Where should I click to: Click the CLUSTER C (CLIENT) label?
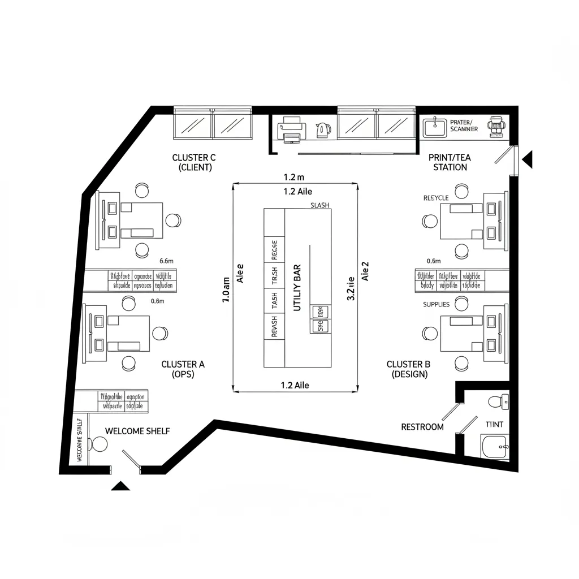[194, 162]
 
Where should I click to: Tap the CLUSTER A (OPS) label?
[183, 369]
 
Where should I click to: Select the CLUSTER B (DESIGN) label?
[408, 369]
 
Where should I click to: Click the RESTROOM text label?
[422, 427]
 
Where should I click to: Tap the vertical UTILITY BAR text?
[297, 288]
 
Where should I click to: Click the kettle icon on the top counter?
[323, 130]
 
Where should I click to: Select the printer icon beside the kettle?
[291, 129]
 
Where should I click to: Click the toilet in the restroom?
[498, 401]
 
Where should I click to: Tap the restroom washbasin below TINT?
[495, 447]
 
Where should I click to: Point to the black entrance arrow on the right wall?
[527, 159]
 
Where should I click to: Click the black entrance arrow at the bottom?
[120, 485]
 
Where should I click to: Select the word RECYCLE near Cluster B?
[436, 198]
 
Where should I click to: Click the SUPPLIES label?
[437, 305]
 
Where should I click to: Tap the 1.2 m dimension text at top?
[293, 178]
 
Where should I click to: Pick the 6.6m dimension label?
[166, 261]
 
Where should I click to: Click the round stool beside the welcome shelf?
[100, 444]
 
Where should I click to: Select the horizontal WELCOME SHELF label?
[137, 431]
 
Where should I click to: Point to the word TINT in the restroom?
[494, 424]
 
